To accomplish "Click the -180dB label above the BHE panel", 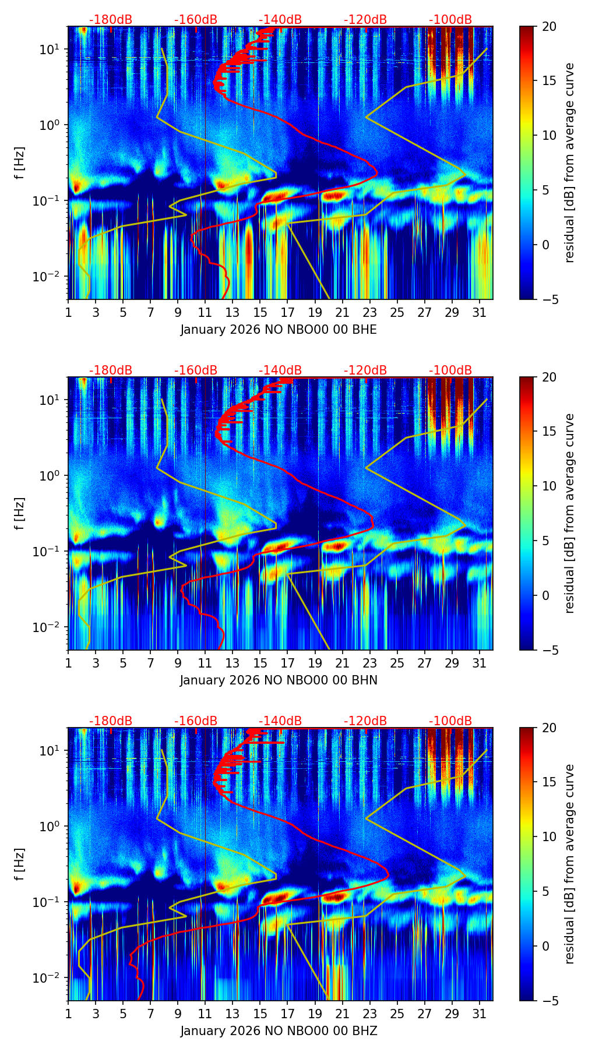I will click(x=111, y=20).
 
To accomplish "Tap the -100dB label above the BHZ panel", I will click(x=450, y=721).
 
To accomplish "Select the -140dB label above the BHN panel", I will click(x=280, y=370).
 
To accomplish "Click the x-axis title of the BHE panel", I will click(x=279, y=330).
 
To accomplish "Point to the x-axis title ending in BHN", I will click(x=279, y=680).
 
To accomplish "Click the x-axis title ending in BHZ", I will click(x=279, y=1031).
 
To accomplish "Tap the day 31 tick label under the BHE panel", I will click(x=479, y=312).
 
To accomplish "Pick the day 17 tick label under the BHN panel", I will click(x=287, y=663).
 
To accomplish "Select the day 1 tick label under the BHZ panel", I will click(x=68, y=1014).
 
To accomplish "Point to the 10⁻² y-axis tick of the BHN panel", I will click(x=50, y=627).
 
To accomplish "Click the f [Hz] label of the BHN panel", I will click(x=20, y=513).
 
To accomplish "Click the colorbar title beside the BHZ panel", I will click(x=569, y=864).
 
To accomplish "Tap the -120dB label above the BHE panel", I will click(x=365, y=20).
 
